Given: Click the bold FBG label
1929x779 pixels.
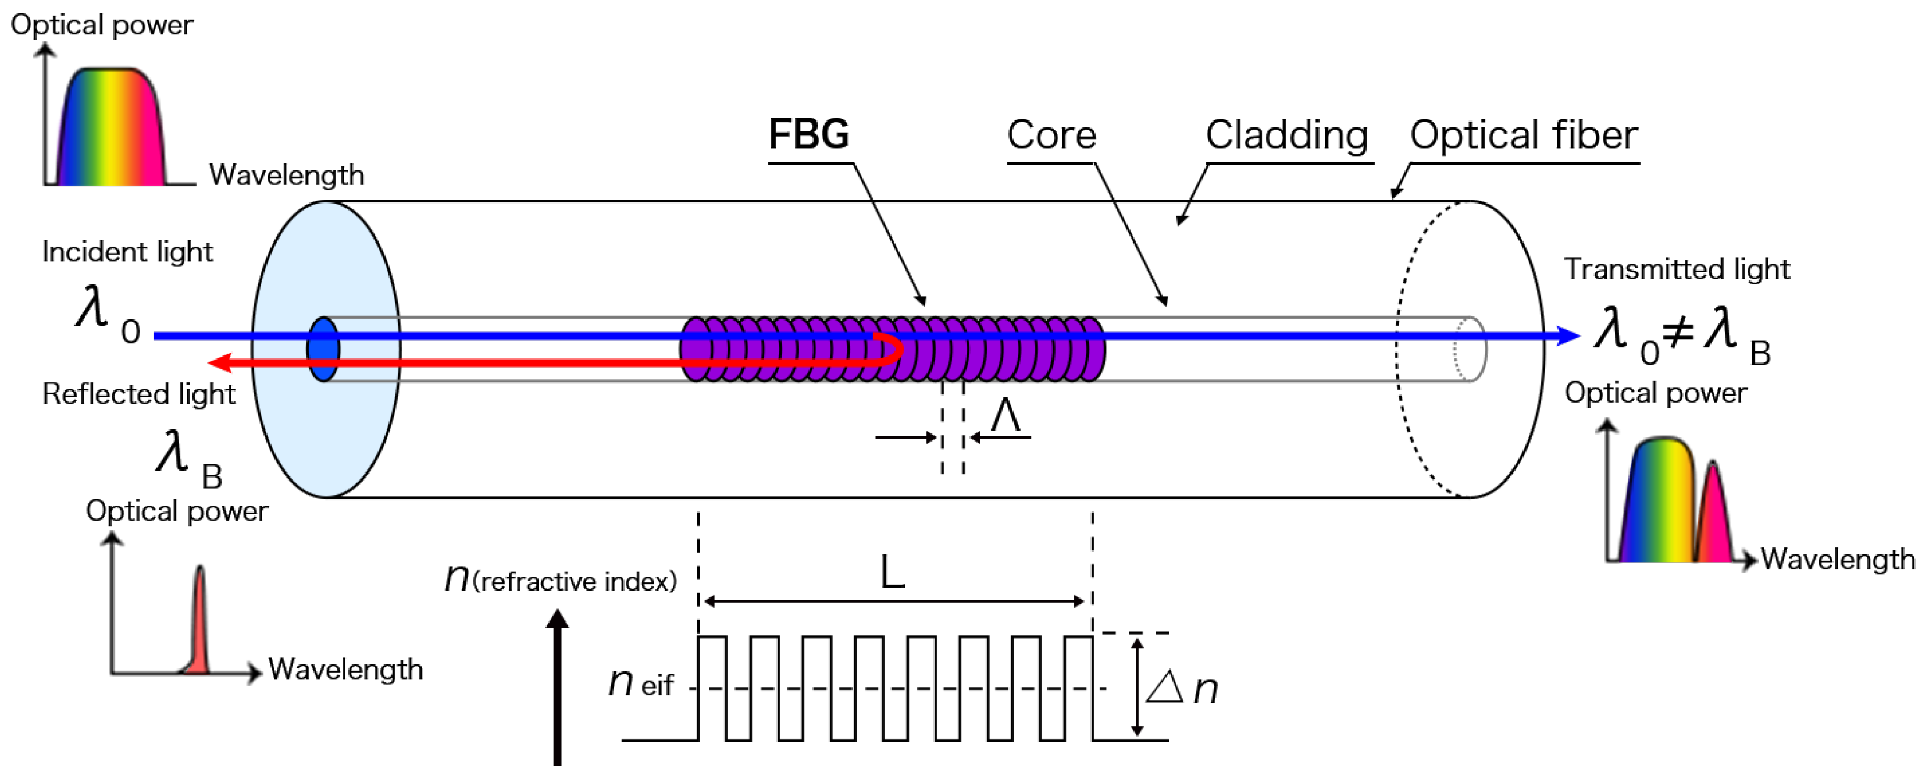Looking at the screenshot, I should [x=809, y=135].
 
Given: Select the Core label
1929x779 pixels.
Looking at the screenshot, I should [x=1051, y=136].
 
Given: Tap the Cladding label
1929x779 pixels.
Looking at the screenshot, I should [x=1286, y=136].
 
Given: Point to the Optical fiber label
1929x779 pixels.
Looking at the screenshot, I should [x=1523, y=136].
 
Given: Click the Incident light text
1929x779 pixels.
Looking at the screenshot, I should [x=127, y=252].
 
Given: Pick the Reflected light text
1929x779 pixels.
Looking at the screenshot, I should [x=138, y=394].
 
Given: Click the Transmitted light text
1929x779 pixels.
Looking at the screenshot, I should [x=1677, y=269].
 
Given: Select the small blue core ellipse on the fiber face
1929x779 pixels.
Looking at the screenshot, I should [x=323, y=349].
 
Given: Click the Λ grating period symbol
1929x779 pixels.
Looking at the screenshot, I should [x=1005, y=416].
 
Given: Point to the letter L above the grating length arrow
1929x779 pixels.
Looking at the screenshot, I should [x=892, y=573].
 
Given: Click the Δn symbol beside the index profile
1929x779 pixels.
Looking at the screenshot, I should [x=1182, y=688].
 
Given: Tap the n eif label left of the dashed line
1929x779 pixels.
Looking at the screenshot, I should [x=640, y=683].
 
